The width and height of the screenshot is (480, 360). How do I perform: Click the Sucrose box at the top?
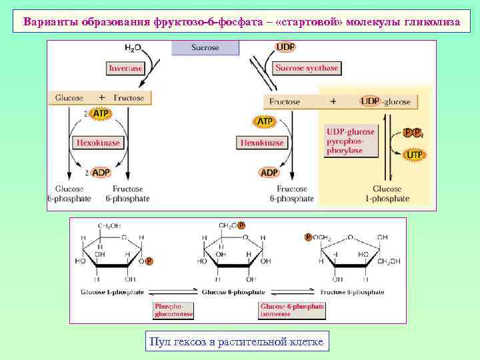coord(205,48)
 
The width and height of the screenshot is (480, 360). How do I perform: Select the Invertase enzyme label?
coord(125,68)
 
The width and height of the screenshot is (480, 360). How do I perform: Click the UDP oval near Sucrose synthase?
coord(285,47)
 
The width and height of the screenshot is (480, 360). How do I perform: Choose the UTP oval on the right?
coord(414,155)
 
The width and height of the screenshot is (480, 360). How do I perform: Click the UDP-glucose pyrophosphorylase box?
coord(351,141)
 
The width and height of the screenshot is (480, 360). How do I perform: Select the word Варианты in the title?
coord(50,21)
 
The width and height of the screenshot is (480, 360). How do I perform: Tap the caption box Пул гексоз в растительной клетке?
coord(237,342)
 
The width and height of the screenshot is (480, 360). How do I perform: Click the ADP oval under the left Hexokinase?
coord(100,173)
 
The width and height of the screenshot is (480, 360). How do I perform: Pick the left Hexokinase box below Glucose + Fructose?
coord(97,143)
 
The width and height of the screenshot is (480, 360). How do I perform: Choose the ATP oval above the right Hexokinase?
coord(265,121)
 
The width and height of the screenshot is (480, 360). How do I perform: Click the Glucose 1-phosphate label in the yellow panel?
coord(387,193)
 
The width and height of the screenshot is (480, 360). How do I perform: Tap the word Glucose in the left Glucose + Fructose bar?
coord(69,98)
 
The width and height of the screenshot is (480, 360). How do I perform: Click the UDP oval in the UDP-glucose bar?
coord(370,101)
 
